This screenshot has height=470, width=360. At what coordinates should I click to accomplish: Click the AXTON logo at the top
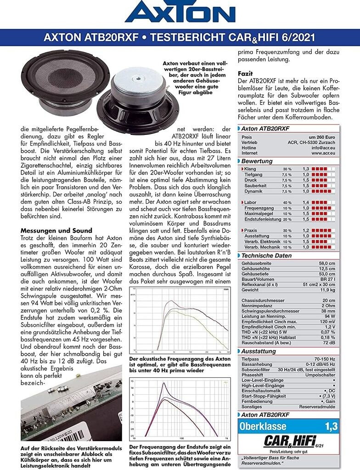point(180,12)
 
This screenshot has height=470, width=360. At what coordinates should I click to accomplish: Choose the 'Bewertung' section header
point(257,161)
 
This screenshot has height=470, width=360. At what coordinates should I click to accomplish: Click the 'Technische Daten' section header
point(266,256)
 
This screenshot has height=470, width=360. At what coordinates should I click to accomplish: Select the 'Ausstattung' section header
point(259,351)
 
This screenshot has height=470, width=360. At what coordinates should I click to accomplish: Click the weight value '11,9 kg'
point(326,290)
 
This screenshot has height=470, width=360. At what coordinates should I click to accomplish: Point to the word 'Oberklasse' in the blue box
point(263,426)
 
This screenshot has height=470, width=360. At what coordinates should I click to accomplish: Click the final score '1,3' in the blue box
point(331,426)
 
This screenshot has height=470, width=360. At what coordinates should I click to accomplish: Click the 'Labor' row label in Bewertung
point(250,202)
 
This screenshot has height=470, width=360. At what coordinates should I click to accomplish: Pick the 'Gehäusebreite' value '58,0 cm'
point(326,263)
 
